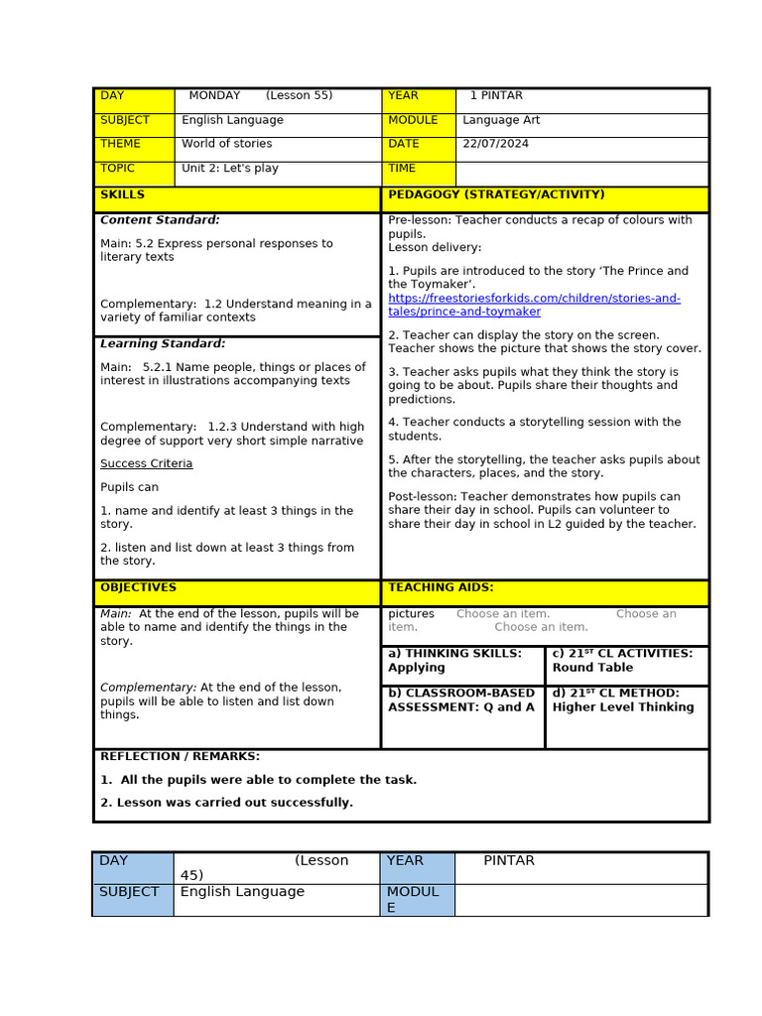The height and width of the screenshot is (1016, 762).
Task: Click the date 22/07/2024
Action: [x=495, y=144]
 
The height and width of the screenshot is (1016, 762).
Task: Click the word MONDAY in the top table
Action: [x=214, y=96]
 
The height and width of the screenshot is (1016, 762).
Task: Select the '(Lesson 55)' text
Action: [x=299, y=96]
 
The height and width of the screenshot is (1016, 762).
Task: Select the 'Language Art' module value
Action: [x=501, y=120]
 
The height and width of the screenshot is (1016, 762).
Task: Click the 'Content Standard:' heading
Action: [x=160, y=220]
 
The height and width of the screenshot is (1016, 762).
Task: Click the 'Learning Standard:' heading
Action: [x=163, y=344]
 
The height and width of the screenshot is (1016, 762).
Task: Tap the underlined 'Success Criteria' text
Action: [x=146, y=464]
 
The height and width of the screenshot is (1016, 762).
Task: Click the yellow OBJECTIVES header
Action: [x=138, y=588]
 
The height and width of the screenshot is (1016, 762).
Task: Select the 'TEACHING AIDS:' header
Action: [x=441, y=588]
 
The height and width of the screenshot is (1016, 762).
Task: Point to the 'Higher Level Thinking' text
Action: [x=623, y=707]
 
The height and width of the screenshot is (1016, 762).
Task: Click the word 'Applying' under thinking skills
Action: [x=417, y=668]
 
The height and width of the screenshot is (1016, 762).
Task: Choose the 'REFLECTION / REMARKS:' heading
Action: [x=180, y=756]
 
